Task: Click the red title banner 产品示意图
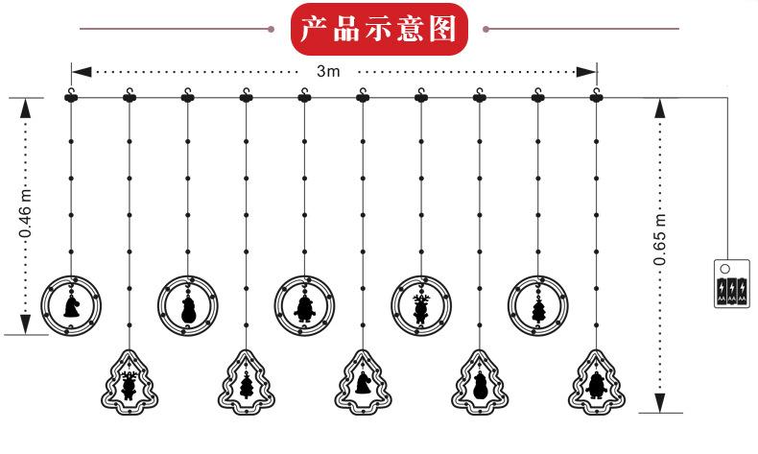[x=378, y=30]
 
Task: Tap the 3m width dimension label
[x=327, y=71]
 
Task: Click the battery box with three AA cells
[x=731, y=283]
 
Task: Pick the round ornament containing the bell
[x=71, y=305]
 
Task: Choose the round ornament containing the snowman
[x=188, y=305]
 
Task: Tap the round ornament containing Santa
[x=305, y=305]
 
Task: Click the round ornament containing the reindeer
[x=421, y=305]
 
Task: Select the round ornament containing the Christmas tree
[x=538, y=305]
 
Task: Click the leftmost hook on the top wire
[x=71, y=94]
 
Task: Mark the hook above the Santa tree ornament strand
[x=597, y=94]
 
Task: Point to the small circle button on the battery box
[x=725, y=269]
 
